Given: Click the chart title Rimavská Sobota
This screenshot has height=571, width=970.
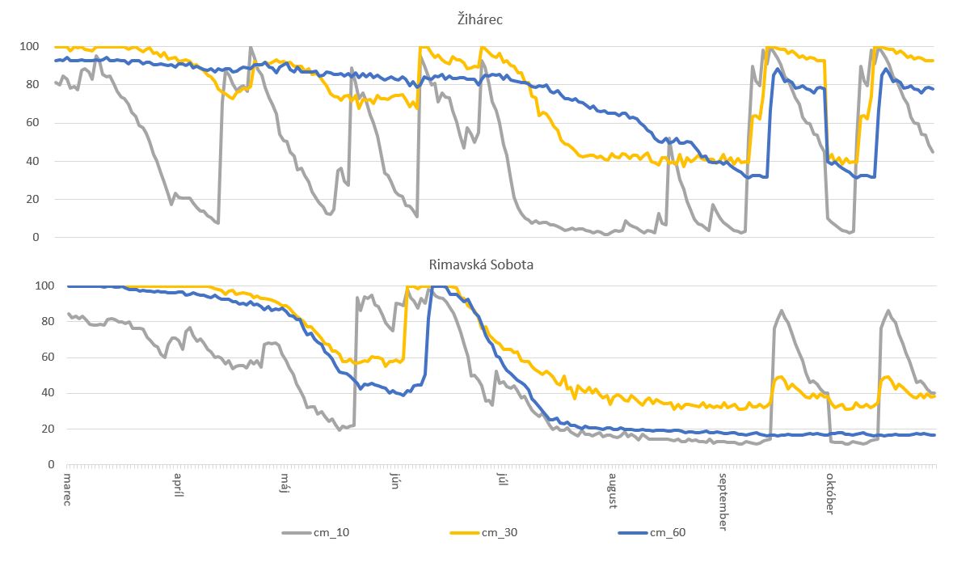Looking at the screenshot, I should point(477,264).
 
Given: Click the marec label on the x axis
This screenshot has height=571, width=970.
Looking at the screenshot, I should point(68,489).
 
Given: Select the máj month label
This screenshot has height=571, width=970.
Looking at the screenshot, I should point(285,484).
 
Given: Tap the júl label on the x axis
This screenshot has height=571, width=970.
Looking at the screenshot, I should point(501,482).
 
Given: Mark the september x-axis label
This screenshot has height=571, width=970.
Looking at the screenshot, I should point(721,501).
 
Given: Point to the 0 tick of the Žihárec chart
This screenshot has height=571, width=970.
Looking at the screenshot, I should point(36,238).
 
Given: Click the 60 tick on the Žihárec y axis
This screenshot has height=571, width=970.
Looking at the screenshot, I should point(32,123).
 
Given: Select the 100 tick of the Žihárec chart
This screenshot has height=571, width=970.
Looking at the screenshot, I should point(30,47).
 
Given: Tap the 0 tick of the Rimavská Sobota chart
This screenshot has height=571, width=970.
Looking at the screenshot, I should point(36,465).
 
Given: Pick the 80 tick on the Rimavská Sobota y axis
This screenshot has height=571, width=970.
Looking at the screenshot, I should point(32,322).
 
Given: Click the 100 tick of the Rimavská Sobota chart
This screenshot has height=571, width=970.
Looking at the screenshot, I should point(30,286).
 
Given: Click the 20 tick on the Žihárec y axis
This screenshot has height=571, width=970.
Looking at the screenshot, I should point(32,200).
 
